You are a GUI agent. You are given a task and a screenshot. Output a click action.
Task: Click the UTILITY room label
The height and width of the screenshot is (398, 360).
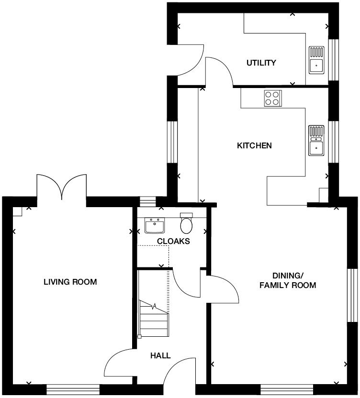[261, 63]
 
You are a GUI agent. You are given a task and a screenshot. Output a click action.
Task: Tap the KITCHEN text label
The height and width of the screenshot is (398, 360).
[254, 145]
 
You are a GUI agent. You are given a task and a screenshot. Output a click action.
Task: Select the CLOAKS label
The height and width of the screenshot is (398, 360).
[173, 241]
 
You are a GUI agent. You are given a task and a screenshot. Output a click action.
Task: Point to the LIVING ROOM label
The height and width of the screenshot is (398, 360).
[70, 282]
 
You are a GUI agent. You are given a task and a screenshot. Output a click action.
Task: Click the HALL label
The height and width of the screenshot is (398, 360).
[160, 355]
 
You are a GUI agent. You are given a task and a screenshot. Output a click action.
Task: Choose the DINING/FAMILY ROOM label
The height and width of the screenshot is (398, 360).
[287, 280]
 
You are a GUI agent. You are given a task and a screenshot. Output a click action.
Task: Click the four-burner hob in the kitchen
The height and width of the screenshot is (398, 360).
[272, 98]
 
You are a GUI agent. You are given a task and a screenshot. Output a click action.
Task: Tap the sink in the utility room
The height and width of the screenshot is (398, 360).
[316, 60]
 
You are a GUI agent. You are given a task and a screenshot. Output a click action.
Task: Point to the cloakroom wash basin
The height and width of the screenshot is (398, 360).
[155, 224]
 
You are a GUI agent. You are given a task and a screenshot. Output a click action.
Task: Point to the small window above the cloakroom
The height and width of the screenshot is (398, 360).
[148, 201]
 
